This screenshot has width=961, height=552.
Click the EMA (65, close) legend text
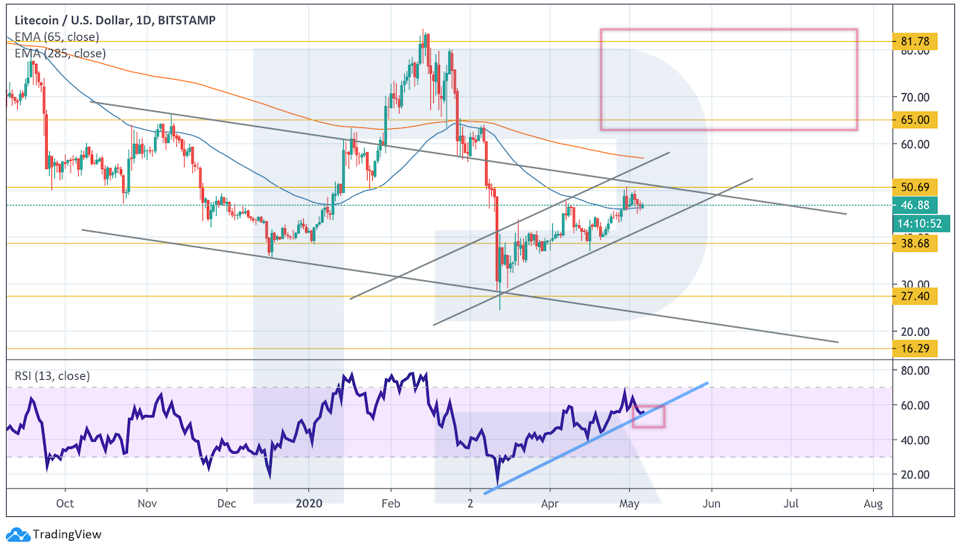click(x=57, y=37)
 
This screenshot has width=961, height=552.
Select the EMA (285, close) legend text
click(x=60, y=53)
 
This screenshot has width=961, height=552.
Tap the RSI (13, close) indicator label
click(x=52, y=376)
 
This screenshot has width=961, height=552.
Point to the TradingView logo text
click(x=67, y=534)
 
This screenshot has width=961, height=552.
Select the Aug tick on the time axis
click(x=873, y=504)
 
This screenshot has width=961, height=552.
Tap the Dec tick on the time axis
click(x=227, y=504)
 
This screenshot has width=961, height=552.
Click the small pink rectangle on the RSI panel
click(x=648, y=416)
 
